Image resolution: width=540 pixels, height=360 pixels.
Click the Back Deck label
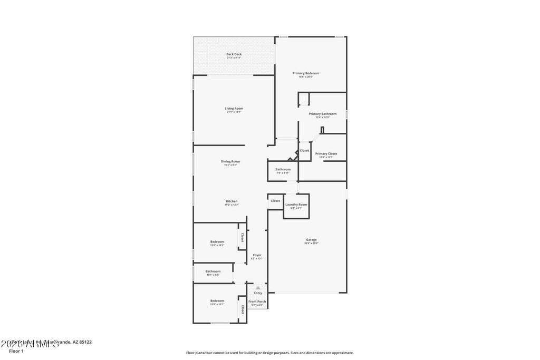point(234,54)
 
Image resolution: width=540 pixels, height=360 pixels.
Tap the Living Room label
point(234,109)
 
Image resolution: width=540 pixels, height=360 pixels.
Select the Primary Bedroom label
point(306,73)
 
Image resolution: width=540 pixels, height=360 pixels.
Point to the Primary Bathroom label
point(322,114)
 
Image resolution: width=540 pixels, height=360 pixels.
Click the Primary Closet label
point(326,154)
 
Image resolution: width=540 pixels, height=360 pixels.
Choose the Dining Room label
point(230,161)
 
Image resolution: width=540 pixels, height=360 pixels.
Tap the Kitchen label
point(232,201)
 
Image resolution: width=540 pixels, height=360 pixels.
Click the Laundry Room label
point(296,205)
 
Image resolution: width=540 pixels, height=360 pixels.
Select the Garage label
point(311,240)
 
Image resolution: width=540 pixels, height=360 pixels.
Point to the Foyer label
point(257,255)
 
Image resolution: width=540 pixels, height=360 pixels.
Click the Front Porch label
point(257,301)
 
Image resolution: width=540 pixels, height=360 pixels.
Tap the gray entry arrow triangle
point(258,288)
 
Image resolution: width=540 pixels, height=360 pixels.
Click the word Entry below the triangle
point(258,293)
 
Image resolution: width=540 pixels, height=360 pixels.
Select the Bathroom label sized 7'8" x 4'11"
point(283,170)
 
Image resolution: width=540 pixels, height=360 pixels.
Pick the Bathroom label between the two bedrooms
point(213,271)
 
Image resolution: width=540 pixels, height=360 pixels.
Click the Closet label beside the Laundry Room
point(275,201)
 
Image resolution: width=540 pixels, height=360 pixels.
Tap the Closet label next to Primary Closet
point(304,151)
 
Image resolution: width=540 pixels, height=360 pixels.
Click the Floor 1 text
point(16,351)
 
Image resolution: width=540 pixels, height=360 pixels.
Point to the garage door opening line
point(307,293)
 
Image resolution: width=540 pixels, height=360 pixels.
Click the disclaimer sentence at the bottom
point(269,353)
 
